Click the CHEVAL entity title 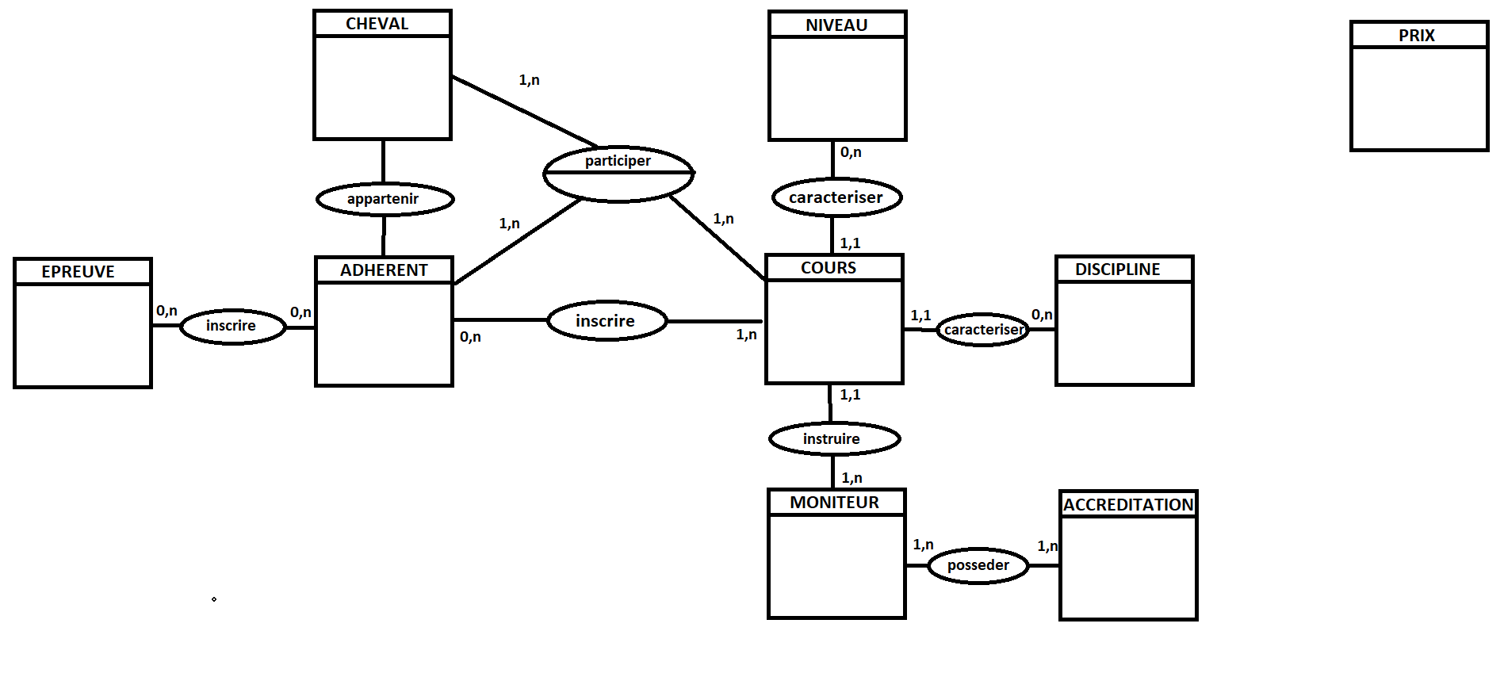point(377,24)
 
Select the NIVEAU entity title point(836,25)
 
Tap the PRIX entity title point(1417,36)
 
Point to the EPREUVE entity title point(78,272)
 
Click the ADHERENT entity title point(384,270)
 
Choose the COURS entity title point(829,268)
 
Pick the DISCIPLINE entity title point(1117,270)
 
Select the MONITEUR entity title point(834,503)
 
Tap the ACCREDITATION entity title point(1128,505)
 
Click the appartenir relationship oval point(385,199)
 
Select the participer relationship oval point(618,174)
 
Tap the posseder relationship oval point(978,565)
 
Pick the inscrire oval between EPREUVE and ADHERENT point(232,326)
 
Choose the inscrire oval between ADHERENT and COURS point(607,321)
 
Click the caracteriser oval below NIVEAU point(836,197)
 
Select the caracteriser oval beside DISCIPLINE point(983,330)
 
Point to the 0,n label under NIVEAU point(851,152)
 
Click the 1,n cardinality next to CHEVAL point(529,80)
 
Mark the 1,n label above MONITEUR point(852,478)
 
